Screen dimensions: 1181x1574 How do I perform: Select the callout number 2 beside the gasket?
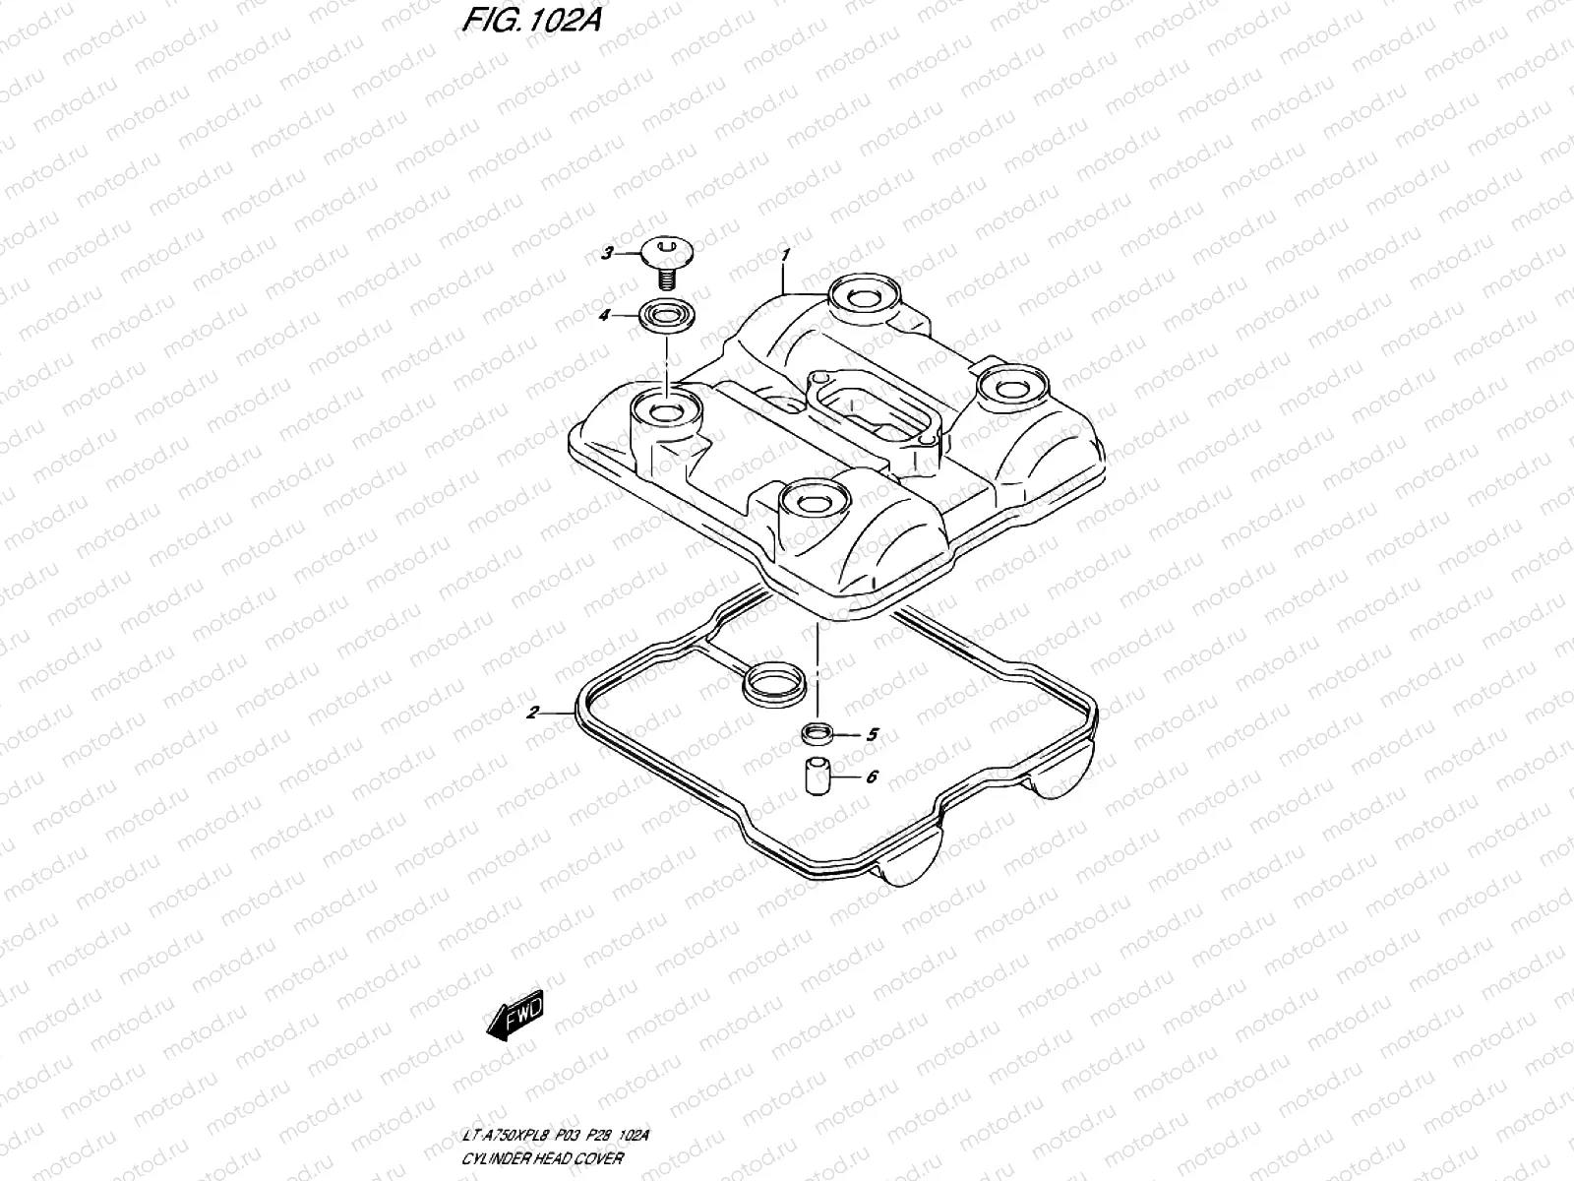[x=532, y=713]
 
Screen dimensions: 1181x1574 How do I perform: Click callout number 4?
[x=604, y=315]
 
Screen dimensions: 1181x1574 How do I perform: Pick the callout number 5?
[x=872, y=735]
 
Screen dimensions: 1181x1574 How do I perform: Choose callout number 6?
[x=872, y=777]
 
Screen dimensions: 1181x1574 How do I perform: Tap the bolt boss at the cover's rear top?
[x=862, y=296]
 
